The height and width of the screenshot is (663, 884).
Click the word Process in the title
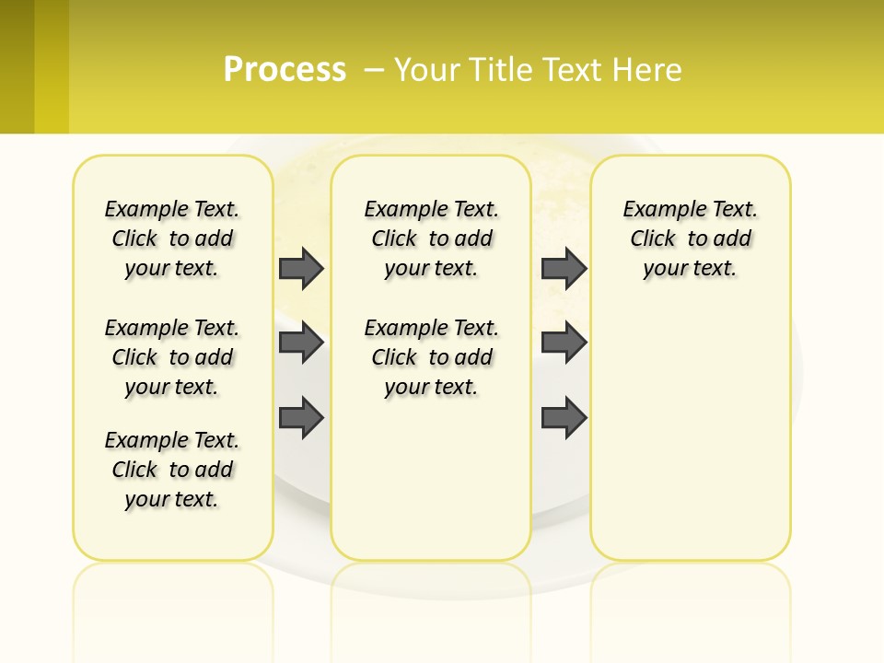(285, 69)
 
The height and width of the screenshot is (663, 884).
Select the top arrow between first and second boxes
(301, 268)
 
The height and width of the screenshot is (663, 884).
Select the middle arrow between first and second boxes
(301, 343)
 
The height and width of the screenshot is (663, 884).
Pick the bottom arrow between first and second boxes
(301, 417)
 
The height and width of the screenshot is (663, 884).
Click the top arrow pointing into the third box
(564, 268)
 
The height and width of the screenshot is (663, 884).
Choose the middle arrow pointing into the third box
(564, 343)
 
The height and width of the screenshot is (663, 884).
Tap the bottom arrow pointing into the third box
(564, 417)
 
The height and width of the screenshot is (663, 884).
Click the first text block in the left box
(172, 238)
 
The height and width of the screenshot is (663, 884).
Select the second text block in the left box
(172, 357)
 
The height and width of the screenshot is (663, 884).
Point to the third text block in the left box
(172, 470)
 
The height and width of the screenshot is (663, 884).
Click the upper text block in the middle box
(431, 238)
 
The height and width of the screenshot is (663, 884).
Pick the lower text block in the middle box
(431, 357)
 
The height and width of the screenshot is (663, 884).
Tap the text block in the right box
(691, 238)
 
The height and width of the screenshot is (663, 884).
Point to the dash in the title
(374, 70)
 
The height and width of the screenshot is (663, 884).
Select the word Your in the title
(427, 70)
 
